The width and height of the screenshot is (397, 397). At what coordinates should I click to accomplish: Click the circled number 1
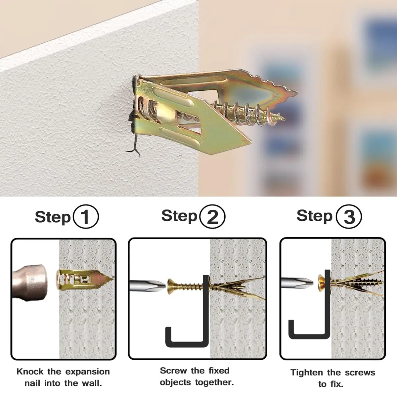(86, 216)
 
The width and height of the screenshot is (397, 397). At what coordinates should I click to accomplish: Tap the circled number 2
(213, 216)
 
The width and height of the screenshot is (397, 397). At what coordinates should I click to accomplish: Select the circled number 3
(349, 216)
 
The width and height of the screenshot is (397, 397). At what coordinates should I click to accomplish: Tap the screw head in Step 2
(171, 287)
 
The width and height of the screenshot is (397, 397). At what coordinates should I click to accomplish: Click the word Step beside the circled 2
(179, 216)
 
